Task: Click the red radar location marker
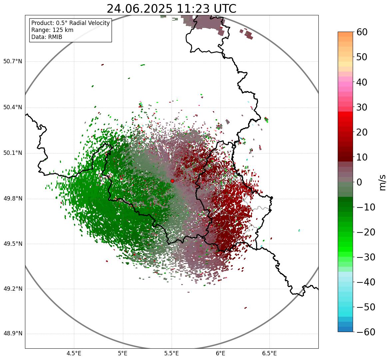[x=172, y=181]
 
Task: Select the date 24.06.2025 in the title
[x=139, y=9]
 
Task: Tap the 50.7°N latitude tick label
[x=13, y=62]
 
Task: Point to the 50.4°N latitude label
[x=13, y=107]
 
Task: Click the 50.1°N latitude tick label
[x=13, y=153]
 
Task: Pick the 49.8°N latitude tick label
[x=13, y=199]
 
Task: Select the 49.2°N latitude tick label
[x=13, y=289]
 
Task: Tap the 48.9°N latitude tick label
[x=13, y=334]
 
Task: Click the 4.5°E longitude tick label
[x=74, y=353]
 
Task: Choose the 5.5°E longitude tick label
[x=172, y=353]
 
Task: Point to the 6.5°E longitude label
[x=269, y=353]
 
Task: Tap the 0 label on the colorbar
[x=359, y=182]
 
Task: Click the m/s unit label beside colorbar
[x=383, y=182]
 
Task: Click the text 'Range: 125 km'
[x=52, y=30]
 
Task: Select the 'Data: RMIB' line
[x=47, y=37]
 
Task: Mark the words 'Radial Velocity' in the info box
[x=89, y=23]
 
